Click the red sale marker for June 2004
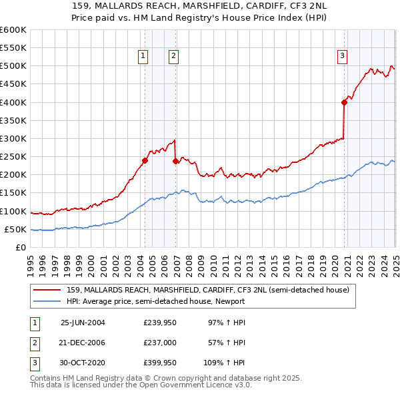[145, 160]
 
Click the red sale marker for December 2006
[175, 161]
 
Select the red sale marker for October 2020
[344, 102]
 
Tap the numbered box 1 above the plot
[143, 56]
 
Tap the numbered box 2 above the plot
[173, 56]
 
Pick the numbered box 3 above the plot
[342, 56]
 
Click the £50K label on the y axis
[15, 229]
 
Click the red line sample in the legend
[48, 290]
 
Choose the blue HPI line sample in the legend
[48, 301]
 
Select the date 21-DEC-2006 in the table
[83, 343]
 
